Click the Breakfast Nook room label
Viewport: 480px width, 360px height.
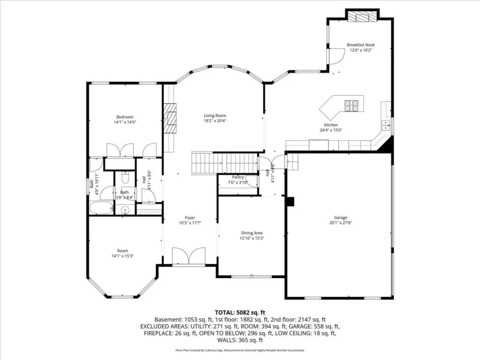(360, 45)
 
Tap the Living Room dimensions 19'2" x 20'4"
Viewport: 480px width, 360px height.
(215, 120)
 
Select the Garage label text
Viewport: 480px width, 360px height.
(340, 217)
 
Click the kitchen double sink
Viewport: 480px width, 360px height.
(385, 126)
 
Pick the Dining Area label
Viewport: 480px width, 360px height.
(252, 233)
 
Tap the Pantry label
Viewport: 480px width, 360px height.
(238, 177)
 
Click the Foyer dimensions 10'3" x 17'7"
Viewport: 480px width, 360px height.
(190, 223)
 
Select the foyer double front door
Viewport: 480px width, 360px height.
(188, 256)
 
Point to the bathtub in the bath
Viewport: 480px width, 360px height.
(101, 208)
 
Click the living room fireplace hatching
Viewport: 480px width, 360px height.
(170, 119)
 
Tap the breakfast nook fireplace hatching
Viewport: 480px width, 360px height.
(362, 16)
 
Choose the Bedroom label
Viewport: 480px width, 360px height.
(125, 117)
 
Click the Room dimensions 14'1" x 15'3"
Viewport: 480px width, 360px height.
(122, 256)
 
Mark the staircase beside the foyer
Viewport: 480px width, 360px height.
(225, 163)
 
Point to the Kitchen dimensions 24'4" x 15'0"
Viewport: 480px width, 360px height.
(331, 130)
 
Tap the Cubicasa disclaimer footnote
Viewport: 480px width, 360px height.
(240, 350)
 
